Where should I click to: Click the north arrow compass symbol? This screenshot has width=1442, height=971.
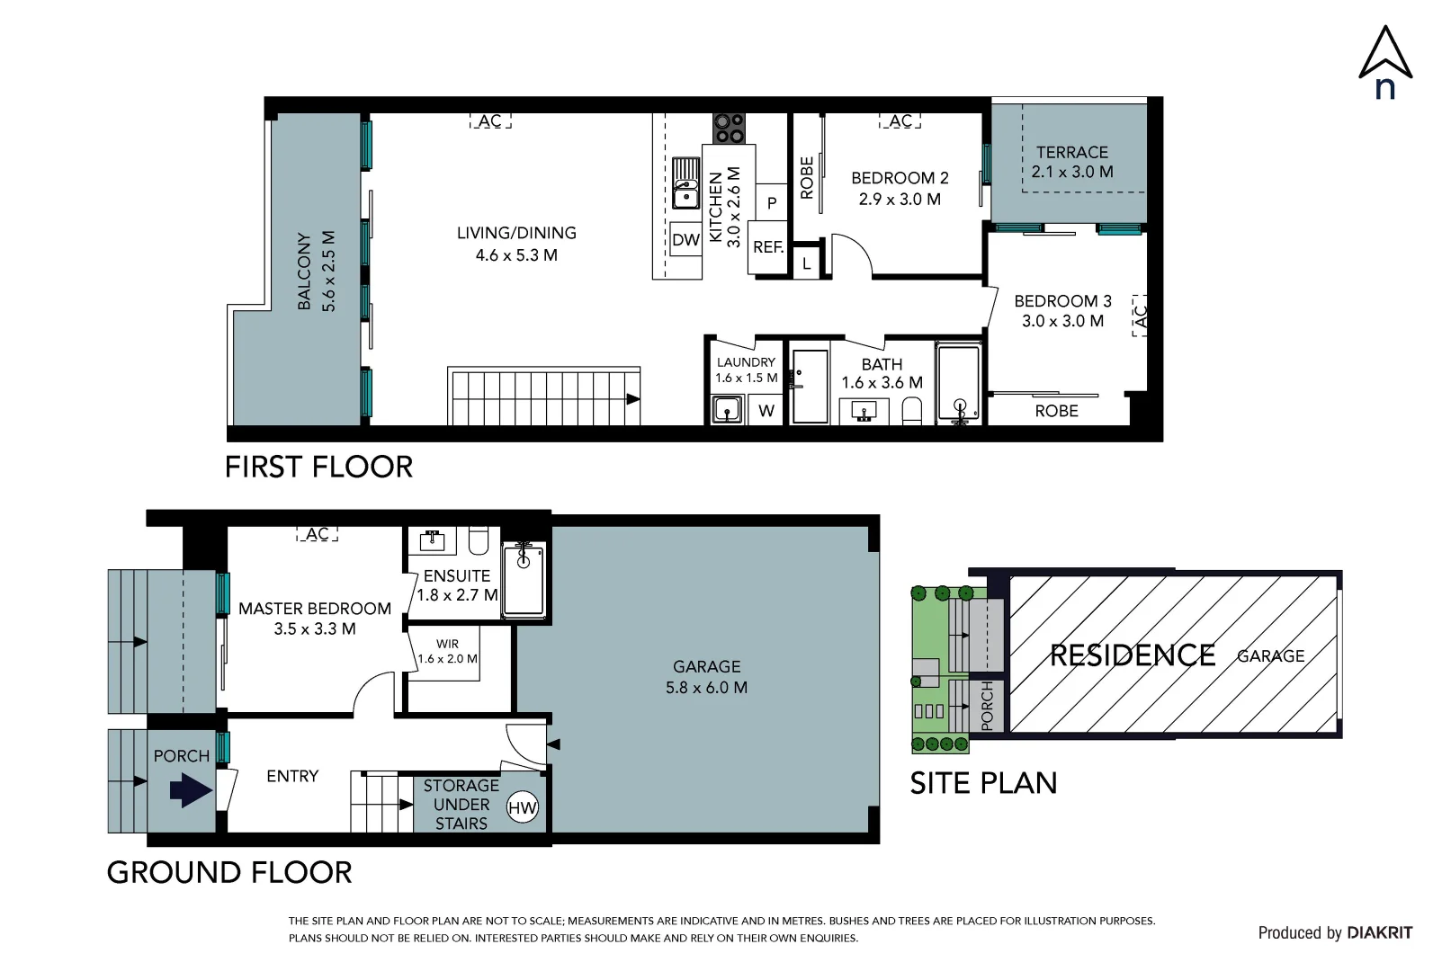pyautogui.click(x=1385, y=63)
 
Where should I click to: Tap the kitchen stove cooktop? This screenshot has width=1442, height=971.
pyautogui.click(x=729, y=128)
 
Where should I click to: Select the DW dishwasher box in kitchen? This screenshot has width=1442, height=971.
pyautogui.click(x=685, y=239)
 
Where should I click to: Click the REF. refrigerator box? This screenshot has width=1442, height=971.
pyautogui.click(x=768, y=247)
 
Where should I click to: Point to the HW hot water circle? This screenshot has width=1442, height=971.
pyautogui.click(x=522, y=807)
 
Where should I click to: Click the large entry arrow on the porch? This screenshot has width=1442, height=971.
pyautogui.click(x=192, y=789)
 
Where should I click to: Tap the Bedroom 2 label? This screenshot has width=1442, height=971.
pyautogui.click(x=900, y=178)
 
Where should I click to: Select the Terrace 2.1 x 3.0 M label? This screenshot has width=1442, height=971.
pyautogui.click(x=1072, y=162)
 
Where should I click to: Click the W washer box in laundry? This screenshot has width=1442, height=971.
pyautogui.click(x=766, y=411)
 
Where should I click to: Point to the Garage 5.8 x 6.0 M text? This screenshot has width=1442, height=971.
pyautogui.click(x=706, y=677)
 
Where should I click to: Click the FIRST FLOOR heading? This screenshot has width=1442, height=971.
pyautogui.click(x=318, y=468)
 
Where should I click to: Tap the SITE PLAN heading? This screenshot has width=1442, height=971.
pyautogui.click(x=983, y=783)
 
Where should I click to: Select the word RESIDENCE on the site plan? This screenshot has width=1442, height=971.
pyautogui.click(x=1133, y=655)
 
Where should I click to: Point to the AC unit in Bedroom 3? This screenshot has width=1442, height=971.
pyautogui.click(x=1140, y=316)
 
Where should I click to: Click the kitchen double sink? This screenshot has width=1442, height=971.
pyautogui.click(x=685, y=183)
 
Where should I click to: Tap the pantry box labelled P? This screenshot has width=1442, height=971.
pyautogui.click(x=772, y=202)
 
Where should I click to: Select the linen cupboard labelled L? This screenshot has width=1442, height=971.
pyautogui.click(x=806, y=263)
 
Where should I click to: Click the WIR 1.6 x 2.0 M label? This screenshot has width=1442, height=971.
pyautogui.click(x=447, y=651)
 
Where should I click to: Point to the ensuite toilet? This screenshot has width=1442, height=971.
pyautogui.click(x=479, y=540)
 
